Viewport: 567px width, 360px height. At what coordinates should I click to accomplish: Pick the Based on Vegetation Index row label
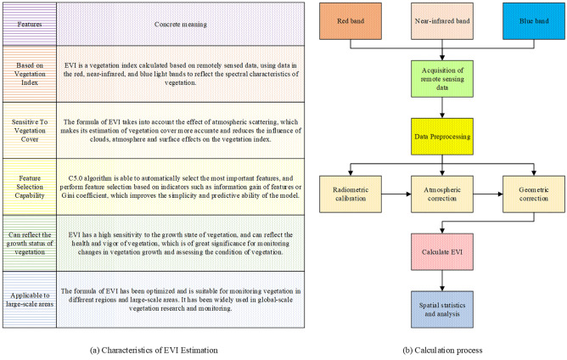click(x=28, y=74)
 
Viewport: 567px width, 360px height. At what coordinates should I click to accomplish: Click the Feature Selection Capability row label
click(x=28, y=184)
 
